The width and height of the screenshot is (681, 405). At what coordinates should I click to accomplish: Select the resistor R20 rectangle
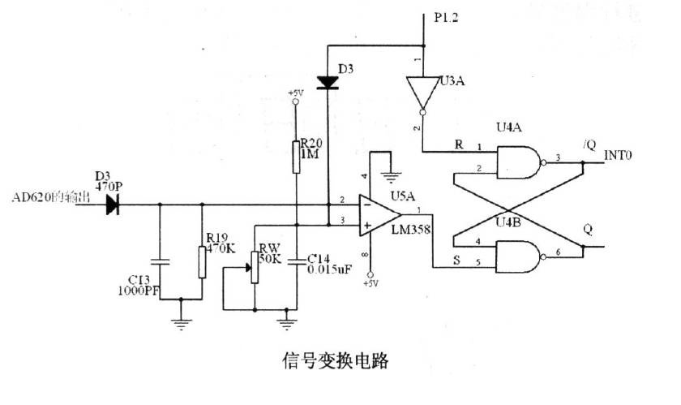(x=298, y=157)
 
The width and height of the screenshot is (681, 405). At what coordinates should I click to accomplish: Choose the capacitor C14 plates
(x=297, y=261)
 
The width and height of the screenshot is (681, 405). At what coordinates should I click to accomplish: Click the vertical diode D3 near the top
(x=328, y=82)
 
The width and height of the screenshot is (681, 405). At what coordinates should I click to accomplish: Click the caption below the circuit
(x=334, y=360)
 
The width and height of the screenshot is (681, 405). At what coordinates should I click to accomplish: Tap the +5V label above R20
(x=295, y=94)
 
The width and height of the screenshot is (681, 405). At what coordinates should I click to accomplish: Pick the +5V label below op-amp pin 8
(x=370, y=283)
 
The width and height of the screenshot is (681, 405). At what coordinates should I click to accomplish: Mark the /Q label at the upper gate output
(x=589, y=144)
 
